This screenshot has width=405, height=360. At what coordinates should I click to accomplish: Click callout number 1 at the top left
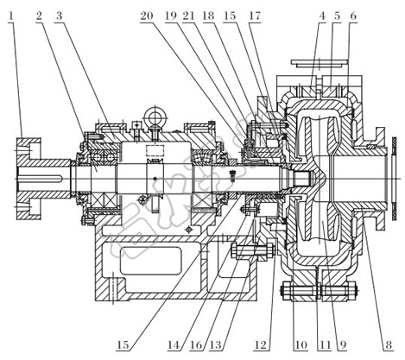pyautogui.click(x=11, y=16)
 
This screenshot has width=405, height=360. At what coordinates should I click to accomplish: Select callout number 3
pyautogui.click(x=59, y=16)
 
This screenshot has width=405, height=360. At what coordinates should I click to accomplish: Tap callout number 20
pyautogui.click(x=147, y=16)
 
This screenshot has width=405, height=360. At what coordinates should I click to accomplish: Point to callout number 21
pyautogui.click(x=189, y=16)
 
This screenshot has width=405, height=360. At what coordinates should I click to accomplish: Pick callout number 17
pyautogui.click(x=255, y=16)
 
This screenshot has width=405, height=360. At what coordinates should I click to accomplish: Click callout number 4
pyautogui.click(x=323, y=16)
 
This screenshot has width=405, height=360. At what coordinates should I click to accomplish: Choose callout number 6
pyautogui.click(x=353, y=16)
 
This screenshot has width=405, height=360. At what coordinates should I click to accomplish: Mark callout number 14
pyautogui.click(x=174, y=344)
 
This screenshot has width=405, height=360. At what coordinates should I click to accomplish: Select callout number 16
pyautogui.click(x=196, y=344)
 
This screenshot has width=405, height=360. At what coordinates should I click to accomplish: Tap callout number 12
pyautogui.click(x=261, y=344)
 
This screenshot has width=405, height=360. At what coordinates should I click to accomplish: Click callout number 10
pyautogui.click(x=301, y=344)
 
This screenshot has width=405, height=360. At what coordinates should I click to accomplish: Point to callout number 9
pyautogui.click(x=343, y=344)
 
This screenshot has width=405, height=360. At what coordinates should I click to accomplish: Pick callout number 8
pyautogui.click(x=389, y=344)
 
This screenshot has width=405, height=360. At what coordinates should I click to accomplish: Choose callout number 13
pyautogui.click(x=216, y=344)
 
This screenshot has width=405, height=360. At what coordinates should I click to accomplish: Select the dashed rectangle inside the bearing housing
pyautogui.click(x=155, y=150)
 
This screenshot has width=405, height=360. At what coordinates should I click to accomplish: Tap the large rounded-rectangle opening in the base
pyautogui.click(x=150, y=261)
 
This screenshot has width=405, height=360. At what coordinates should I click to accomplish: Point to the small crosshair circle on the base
pyautogui.click(x=189, y=230)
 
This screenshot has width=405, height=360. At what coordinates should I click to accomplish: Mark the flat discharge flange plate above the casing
pyautogui.click(x=320, y=62)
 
